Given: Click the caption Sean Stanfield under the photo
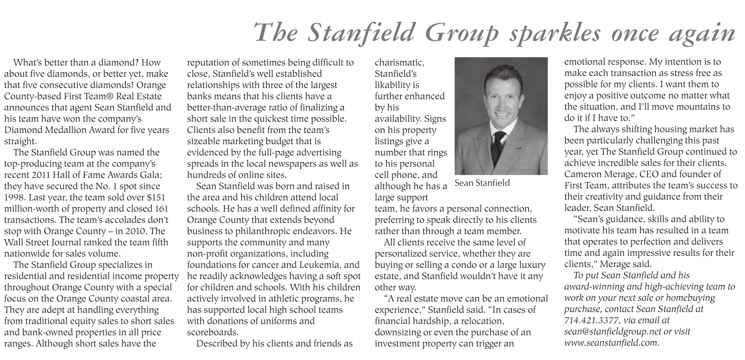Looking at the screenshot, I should (482, 183).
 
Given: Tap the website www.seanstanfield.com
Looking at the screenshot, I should (611, 343).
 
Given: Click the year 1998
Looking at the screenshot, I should (15, 198).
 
